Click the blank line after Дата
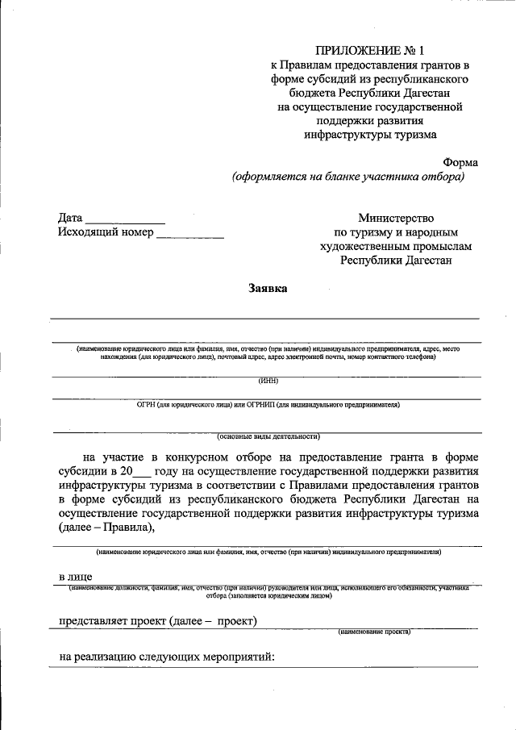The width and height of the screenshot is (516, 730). pos(125,219)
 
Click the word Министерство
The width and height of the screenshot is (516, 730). pos(396,218)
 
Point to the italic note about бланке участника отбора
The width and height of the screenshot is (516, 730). pos(348,176)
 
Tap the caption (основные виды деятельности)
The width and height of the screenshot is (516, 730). pos(269,436)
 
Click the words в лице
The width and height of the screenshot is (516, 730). pos(75,577)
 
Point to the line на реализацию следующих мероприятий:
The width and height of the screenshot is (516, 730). pos(168,657)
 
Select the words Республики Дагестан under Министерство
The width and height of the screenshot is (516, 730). pos(396,261)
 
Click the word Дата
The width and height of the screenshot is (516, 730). pos(70,218)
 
